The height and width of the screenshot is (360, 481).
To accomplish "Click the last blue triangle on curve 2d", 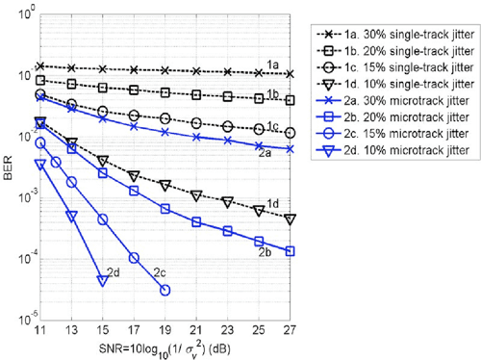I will pyautogui.click(x=102, y=280).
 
